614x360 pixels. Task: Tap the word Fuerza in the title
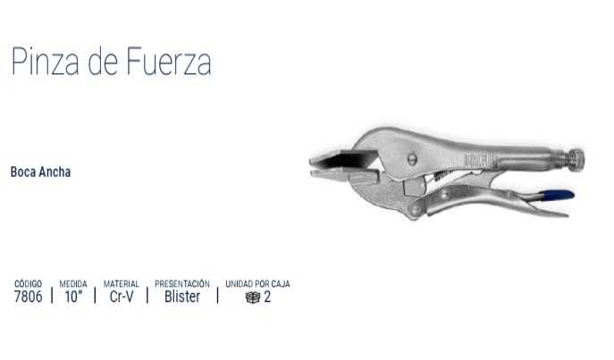(x=169, y=62)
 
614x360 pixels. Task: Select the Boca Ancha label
(x=40, y=172)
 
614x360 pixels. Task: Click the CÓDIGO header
(x=28, y=284)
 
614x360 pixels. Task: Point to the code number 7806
(x=28, y=297)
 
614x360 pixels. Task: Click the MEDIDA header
(x=73, y=284)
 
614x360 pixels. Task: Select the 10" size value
(x=73, y=297)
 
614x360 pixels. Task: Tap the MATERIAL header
(x=121, y=284)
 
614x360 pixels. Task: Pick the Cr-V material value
(x=122, y=297)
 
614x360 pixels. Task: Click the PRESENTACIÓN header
(x=182, y=284)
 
